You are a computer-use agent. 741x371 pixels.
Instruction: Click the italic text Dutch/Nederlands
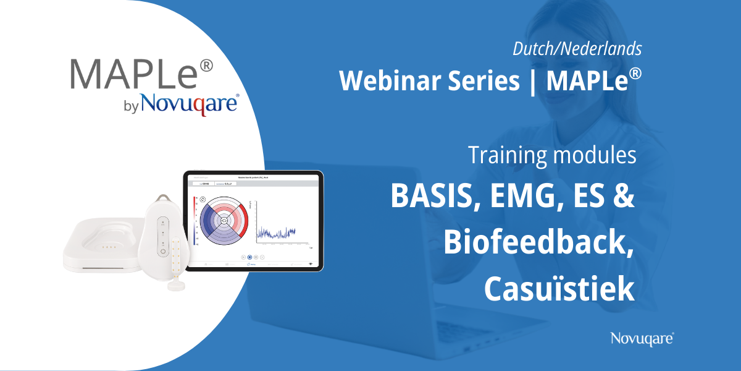[577, 48]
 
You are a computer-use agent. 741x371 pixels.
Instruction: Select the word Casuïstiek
[559, 288]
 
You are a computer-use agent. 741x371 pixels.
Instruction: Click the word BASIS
[433, 197]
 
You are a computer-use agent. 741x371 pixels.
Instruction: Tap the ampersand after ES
[624, 197]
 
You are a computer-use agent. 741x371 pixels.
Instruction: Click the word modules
[597, 155]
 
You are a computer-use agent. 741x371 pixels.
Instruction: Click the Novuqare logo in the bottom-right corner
[642, 338]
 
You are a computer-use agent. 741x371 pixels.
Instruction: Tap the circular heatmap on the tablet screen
[224, 220]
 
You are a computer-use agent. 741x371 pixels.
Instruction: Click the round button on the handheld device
[162, 252]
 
